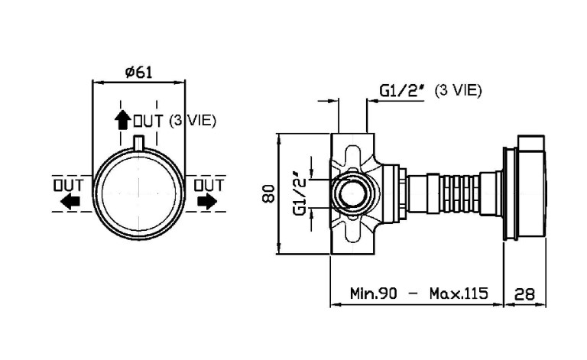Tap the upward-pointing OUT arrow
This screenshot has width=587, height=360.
(122, 120)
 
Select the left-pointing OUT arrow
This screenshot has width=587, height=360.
(70, 202)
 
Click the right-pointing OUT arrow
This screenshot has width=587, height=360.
(206, 202)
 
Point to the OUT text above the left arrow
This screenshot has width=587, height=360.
(66, 184)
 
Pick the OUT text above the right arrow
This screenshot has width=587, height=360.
(209, 184)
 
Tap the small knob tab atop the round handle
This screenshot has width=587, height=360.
(138, 141)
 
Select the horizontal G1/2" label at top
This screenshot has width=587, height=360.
(402, 91)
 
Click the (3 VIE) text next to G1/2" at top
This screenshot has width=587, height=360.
(458, 90)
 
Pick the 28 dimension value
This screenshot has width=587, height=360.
(525, 293)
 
